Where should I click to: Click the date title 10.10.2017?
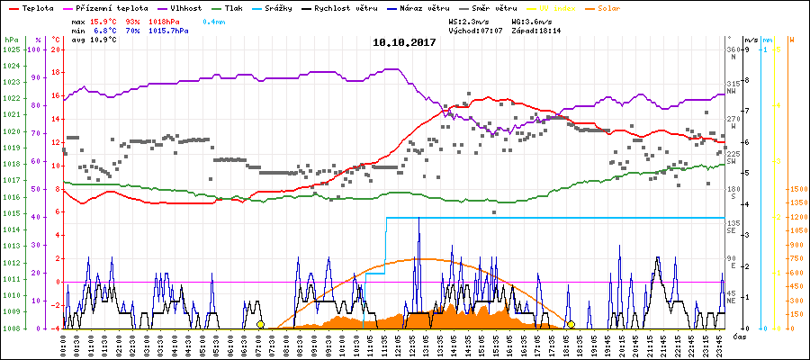(404, 42)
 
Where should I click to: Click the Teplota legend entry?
(39, 7)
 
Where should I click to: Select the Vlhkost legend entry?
(186, 7)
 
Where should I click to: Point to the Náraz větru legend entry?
(428, 7)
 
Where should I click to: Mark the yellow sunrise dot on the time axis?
(260, 324)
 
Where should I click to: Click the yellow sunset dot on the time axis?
(571, 324)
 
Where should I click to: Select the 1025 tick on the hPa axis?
(11, 49)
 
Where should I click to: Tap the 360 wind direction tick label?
(733, 49)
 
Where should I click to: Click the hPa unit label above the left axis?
(11, 40)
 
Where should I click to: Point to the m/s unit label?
(751, 40)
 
